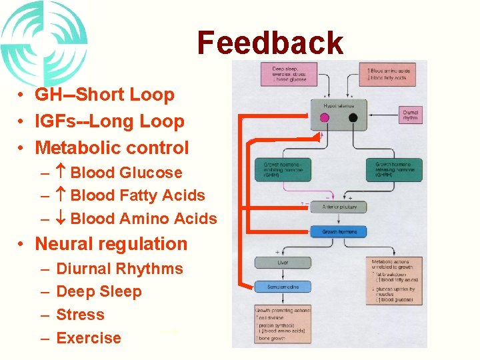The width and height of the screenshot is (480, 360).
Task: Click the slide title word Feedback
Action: point(270,43)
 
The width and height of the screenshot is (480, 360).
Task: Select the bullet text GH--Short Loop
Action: point(105,95)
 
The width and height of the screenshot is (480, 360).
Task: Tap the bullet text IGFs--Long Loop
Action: point(109,121)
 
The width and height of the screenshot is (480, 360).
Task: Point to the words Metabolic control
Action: point(112,147)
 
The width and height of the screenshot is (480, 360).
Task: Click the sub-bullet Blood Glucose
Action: point(126,173)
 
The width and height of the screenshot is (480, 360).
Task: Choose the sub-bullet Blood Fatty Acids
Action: point(137,195)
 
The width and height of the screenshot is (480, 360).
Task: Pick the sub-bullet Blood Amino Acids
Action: point(143,219)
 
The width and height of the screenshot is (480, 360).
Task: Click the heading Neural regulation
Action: point(111,244)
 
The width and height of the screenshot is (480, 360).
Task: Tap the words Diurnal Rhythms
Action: point(119,269)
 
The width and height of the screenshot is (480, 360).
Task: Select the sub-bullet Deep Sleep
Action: point(99,291)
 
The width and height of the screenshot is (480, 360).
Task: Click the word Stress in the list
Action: point(80,315)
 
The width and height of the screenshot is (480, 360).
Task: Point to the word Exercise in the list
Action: point(89,338)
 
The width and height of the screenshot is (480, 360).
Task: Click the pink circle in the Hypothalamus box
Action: point(325,118)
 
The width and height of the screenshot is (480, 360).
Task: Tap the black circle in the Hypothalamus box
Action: point(352,118)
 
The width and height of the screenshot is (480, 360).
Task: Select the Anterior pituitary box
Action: point(339,207)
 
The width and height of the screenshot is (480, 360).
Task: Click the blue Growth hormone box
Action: point(339,231)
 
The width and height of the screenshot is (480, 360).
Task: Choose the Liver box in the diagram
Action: point(282,263)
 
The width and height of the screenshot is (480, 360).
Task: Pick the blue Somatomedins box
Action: point(282,287)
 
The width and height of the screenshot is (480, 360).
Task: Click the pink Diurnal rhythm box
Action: point(410,116)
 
